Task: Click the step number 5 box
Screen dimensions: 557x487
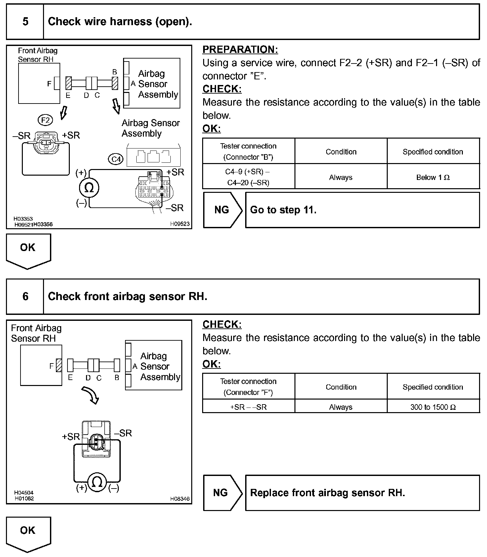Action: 25,22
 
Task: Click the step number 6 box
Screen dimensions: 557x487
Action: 25,296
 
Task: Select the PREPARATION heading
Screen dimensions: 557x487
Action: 240,50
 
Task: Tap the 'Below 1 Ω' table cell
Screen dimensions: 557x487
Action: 433,177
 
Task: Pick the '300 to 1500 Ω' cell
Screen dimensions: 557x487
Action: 433,407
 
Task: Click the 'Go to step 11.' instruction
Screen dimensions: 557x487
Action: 283,210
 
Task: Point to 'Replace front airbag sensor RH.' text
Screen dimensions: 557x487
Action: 328,493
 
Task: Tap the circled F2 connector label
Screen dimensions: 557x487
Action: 45,120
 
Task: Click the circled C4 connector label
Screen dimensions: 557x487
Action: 116,159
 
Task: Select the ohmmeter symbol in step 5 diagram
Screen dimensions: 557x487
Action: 89,188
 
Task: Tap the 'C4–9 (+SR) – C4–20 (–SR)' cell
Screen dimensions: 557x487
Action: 248,177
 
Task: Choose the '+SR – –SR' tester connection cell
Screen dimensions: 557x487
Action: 248,407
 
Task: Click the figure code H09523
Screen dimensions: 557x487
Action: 180,224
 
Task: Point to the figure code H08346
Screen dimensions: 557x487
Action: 180,499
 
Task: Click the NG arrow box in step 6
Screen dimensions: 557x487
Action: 222,493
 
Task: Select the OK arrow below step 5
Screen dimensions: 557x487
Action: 28,250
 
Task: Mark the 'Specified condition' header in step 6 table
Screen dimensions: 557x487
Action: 433,387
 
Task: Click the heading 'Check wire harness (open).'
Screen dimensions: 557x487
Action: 120,22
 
